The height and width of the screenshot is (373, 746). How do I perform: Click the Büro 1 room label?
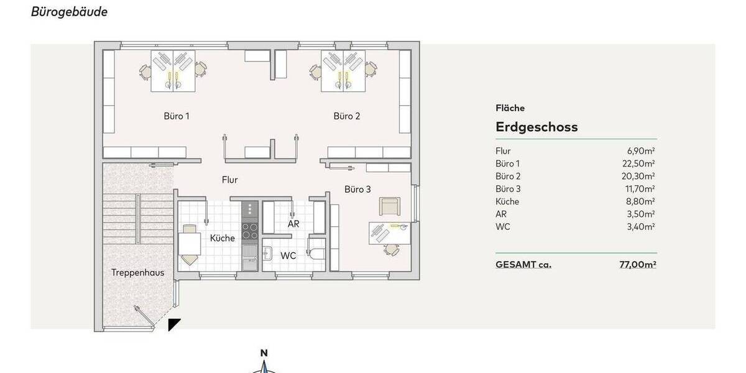click(x=177, y=116)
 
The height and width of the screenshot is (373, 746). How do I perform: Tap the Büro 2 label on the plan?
click(x=347, y=116)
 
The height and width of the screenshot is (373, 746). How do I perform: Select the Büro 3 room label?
click(x=357, y=189)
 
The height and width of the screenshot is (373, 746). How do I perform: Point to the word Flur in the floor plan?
click(x=230, y=180)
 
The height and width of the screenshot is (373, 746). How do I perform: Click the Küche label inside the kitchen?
click(x=223, y=238)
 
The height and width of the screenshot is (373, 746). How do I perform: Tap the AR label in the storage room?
click(x=294, y=223)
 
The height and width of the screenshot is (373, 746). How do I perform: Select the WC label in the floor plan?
click(x=288, y=256)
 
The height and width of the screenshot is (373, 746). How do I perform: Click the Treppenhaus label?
click(x=132, y=272)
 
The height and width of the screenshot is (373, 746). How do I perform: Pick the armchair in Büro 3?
click(x=390, y=206)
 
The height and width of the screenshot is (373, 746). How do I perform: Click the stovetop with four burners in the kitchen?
click(x=250, y=231)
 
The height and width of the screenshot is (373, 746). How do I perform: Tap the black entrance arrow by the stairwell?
click(x=175, y=324)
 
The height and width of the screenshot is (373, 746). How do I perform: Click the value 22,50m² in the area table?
click(x=641, y=163)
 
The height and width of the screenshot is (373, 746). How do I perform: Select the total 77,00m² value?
click(x=638, y=264)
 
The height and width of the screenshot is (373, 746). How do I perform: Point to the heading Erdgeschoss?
click(x=536, y=127)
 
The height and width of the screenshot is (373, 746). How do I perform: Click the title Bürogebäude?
click(x=69, y=12)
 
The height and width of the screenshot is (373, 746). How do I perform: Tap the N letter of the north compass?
click(x=264, y=353)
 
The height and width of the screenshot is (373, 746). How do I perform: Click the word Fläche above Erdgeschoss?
click(x=510, y=108)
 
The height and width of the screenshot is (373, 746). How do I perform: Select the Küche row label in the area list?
click(x=507, y=201)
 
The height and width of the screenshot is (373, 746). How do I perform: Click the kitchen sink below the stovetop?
click(x=250, y=255)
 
